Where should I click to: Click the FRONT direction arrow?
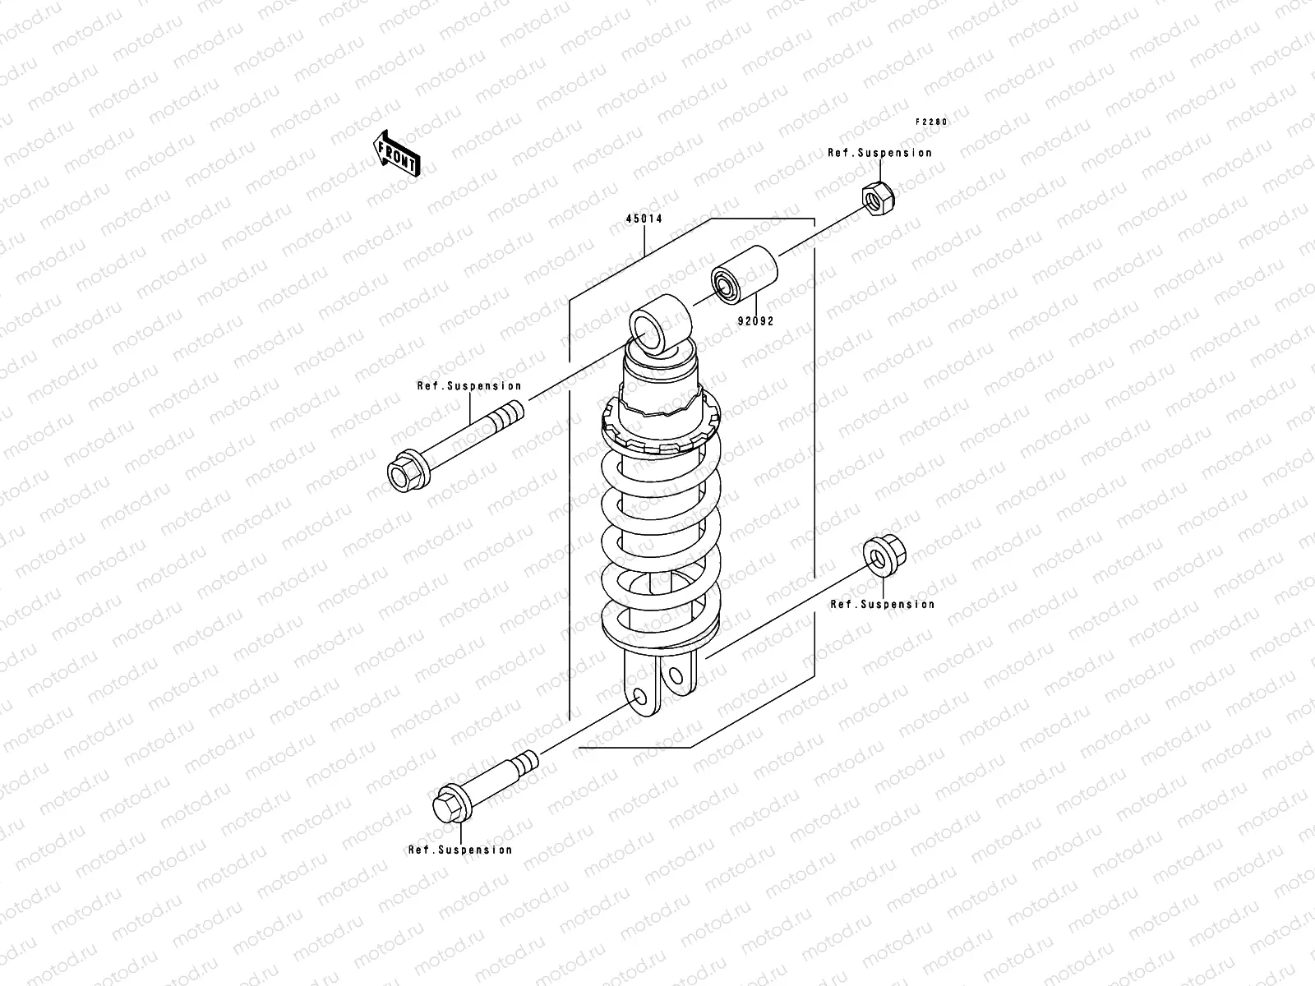pos(398,154)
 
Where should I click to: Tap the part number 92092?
pos(754,322)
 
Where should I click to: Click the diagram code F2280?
pos(932,122)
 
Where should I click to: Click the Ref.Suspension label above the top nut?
pos(879,153)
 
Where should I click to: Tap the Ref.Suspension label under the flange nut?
pos(882,604)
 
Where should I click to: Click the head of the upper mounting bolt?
pos(404,474)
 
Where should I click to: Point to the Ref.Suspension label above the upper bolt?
pos(468,385)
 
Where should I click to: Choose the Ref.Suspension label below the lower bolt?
pos(460,850)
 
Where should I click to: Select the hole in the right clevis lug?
pos(676,677)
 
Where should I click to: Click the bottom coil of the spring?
pos(662,629)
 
